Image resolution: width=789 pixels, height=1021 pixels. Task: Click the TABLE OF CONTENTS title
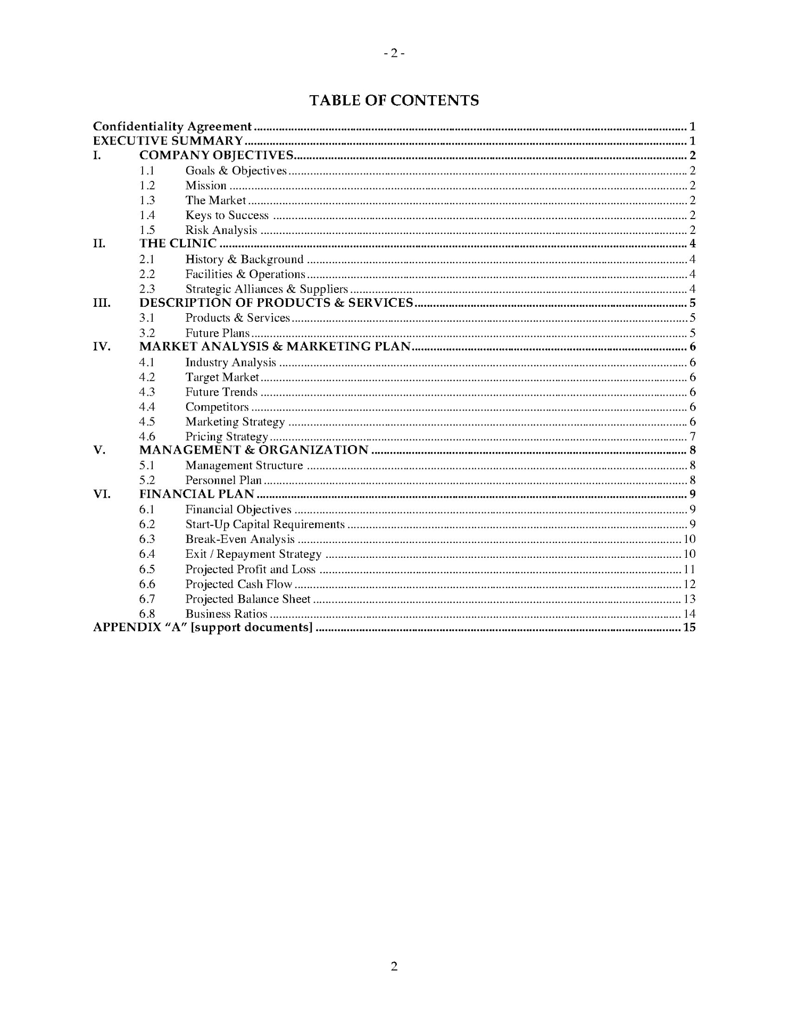click(x=394, y=101)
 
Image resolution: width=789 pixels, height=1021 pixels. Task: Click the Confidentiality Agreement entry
click(x=172, y=127)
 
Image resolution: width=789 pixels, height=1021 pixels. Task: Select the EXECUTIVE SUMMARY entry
click(x=168, y=141)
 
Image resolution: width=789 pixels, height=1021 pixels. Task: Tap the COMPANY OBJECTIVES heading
click(x=216, y=155)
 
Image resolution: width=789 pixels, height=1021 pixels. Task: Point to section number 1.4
click(x=147, y=215)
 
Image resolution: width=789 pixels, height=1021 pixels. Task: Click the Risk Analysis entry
click(x=221, y=230)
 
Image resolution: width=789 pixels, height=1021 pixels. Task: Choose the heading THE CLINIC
click(x=178, y=244)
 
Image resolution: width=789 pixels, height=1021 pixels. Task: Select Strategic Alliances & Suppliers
click(x=266, y=289)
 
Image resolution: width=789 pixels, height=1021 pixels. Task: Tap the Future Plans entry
click(x=217, y=333)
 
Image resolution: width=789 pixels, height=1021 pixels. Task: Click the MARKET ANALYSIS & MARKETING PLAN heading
click(x=275, y=347)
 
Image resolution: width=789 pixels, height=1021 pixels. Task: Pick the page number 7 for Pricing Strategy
click(x=692, y=437)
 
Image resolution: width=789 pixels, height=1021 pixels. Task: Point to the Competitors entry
click(x=217, y=407)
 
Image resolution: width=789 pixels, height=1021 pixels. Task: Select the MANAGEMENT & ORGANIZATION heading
click(x=254, y=450)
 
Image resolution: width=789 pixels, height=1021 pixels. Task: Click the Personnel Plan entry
click(x=223, y=480)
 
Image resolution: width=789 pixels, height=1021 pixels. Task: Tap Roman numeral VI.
click(x=101, y=494)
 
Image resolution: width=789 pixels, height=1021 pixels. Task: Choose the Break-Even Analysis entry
click(x=239, y=539)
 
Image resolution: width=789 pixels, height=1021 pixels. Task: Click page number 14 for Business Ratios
click(x=689, y=614)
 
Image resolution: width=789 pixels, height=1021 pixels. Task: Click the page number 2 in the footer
click(x=394, y=966)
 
